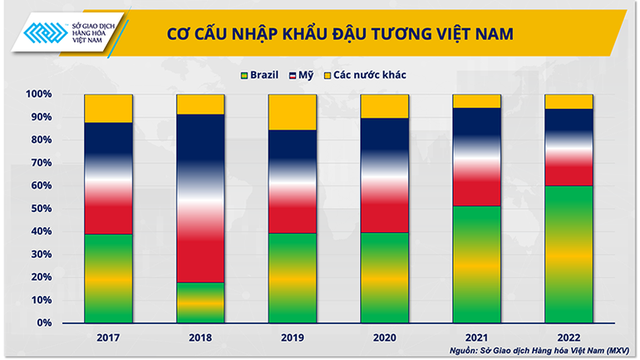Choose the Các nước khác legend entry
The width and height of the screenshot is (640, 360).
pyautogui.click(x=371, y=75)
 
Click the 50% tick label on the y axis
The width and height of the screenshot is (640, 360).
pyautogui.click(x=40, y=209)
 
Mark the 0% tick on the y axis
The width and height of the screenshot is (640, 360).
pyautogui.click(x=43, y=323)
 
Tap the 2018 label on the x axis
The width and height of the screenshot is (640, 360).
pyautogui.click(x=200, y=338)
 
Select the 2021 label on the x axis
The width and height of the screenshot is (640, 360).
pyautogui.click(x=477, y=338)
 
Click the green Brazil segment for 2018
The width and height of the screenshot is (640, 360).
pyautogui.click(x=200, y=303)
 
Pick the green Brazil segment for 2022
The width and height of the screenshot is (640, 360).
pyautogui.click(x=569, y=254)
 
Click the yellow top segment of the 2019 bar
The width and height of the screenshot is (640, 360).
pyautogui.click(x=293, y=112)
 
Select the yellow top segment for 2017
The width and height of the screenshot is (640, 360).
pyautogui.click(x=108, y=109)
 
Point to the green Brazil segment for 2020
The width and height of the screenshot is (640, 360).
pyautogui.click(x=385, y=277)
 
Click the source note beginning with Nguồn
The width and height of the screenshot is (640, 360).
pyautogui.click(x=537, y=351)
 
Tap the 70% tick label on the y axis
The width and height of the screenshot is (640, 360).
pyautogui.click(x=40, y=163)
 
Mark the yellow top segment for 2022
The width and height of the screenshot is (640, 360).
pyautogui.click(x=569, y=101)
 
